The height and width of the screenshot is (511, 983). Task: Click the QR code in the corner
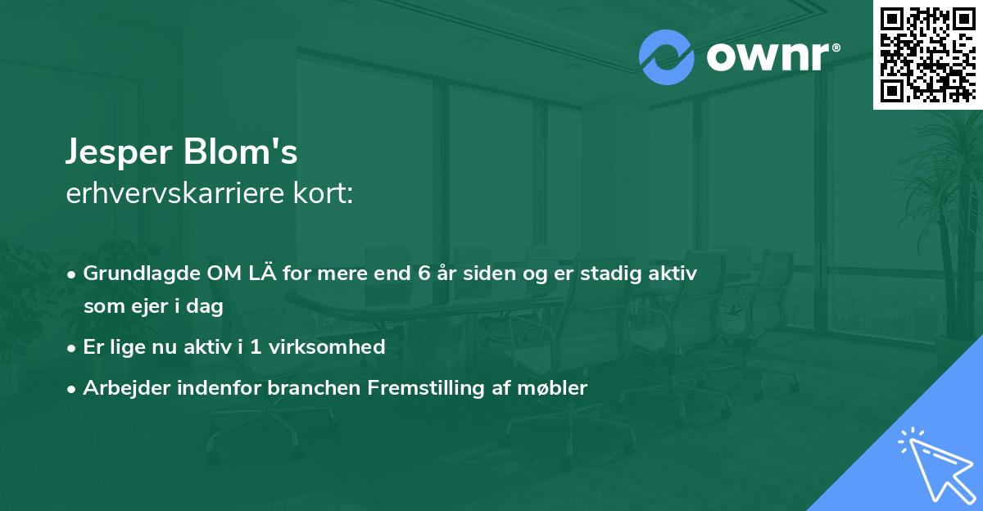[928, 55]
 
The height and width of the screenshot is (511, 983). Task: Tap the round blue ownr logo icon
[666, 57]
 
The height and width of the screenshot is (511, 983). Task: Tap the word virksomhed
[338, 347]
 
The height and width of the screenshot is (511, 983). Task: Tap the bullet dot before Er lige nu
[73, 348]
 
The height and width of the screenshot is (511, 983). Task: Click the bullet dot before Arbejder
[73, 389]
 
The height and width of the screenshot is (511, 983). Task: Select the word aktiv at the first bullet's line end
[673, 274]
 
